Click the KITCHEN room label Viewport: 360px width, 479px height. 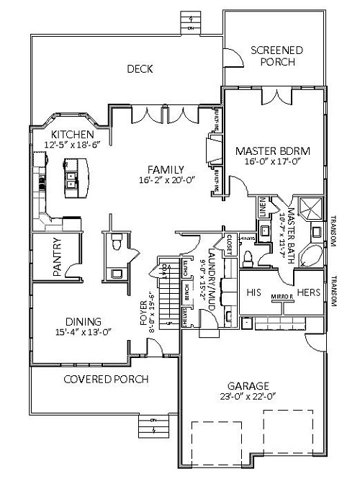click(x=72, y=135)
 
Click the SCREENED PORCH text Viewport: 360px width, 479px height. click(x=276, y=56)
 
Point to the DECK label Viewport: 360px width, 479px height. click(x=139, y=69)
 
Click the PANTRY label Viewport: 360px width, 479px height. click(x=57, y=257)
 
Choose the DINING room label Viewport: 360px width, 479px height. click(x=81, y=321)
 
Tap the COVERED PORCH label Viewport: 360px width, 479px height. click(x=105, y=379)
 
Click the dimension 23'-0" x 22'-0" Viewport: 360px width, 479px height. click(x=248, y=395)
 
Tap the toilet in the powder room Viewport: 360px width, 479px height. click(x=116, y=246)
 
